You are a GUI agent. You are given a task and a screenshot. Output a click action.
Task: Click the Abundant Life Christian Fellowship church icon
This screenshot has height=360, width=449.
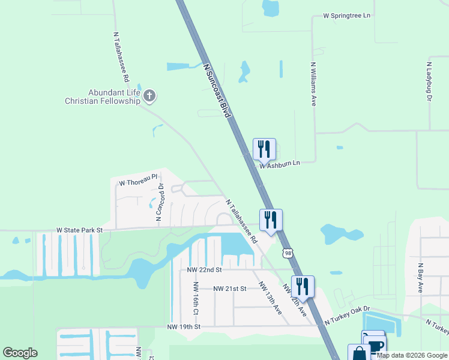(x=150, y=95)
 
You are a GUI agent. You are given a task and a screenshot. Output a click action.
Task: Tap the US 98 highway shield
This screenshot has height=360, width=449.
(x=289, y=254)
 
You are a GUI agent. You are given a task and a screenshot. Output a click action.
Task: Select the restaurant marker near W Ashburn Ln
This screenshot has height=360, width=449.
(x=264, y=148)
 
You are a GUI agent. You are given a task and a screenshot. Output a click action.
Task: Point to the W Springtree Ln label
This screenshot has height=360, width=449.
(x=346, y=15)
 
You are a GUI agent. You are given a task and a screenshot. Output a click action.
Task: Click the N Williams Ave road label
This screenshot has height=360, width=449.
(x=313, y=83)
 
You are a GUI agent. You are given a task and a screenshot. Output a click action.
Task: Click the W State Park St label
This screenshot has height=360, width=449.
(x=80, y=230)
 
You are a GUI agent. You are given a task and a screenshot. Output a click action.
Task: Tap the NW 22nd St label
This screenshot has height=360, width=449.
(x=204, y=271)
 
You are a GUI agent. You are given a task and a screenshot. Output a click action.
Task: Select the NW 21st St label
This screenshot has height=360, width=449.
(x=230, y=289)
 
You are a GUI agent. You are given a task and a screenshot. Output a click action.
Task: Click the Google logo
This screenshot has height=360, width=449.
(x=20, y=353)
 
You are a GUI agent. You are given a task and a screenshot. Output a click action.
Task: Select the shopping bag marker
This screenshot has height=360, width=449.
(x=359, y=353)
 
